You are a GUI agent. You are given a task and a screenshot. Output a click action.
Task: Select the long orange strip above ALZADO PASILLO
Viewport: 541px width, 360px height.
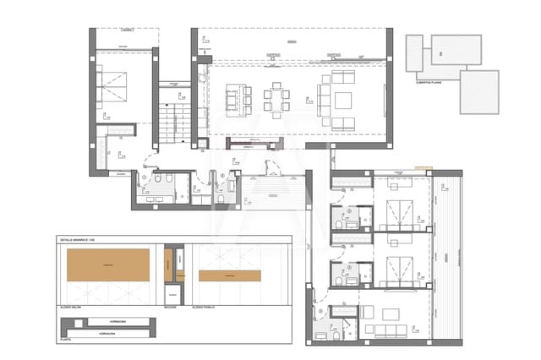[x=229, y=275]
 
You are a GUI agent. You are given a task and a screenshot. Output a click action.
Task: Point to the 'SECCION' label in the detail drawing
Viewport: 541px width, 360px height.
[x=170, y=307]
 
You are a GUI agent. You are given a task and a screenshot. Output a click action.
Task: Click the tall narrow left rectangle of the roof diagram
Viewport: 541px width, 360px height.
[x=414, y=53]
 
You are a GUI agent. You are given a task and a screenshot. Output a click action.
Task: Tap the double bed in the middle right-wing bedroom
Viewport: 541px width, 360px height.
[x=395, y=271]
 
